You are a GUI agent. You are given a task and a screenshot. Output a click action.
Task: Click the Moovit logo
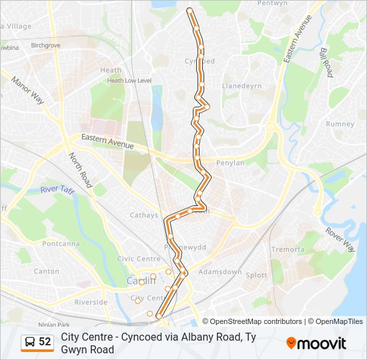pyautogui.click(x=316, y=343)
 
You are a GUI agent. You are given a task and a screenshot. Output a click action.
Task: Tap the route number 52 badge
pyautogui.click(x=37, y=342)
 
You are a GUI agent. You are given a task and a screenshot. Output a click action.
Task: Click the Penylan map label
pyautogui.click(x=230, y=162)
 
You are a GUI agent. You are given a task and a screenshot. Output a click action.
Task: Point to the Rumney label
pyautogui.click(x=340, y=124)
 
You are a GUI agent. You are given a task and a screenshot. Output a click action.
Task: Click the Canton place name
pyautogui.click(x=47, y=271)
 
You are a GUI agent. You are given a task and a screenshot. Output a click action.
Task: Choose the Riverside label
pyautogui.click(x=91, y=302)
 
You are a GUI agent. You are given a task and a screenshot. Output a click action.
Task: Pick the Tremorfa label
pyautogui.click(x=288, y=249)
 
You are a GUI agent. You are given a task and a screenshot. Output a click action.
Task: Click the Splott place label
pyautogui.click(x=256, y=275)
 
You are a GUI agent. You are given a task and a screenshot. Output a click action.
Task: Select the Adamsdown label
pyautogui.click(x=220, y=272)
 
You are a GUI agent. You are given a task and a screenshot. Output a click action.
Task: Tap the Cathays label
pyautogui.click(x=144, y=215)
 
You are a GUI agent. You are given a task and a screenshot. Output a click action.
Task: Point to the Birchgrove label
pyautogui.click(x=45, y=45)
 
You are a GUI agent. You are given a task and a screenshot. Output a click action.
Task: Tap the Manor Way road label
pyautogui.click(x=27, y=89)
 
